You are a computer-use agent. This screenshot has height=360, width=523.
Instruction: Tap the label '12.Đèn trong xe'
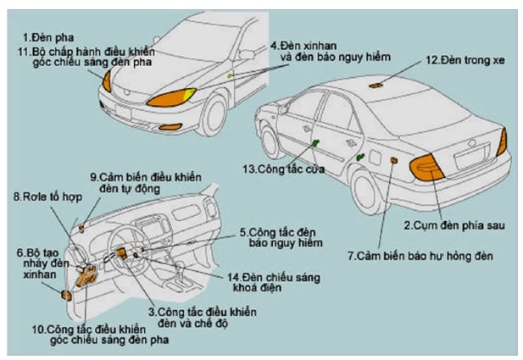[x=459, y=60]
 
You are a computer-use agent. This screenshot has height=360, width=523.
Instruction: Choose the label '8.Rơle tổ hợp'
[x=41, y=197]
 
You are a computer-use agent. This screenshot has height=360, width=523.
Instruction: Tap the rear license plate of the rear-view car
[x=473, y=156]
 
